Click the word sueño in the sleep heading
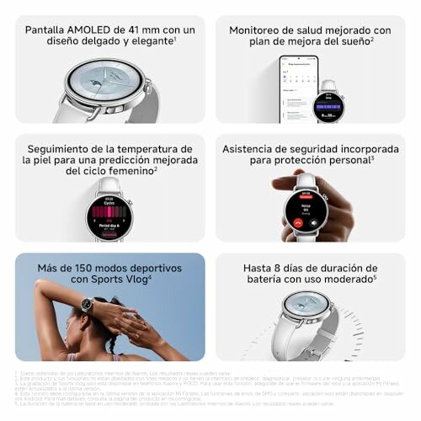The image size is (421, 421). pyautogui.click(x=348, y=43)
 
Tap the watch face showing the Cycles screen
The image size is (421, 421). pyautogui.click(x=109, y=217)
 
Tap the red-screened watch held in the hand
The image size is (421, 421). pyautogui.click(x=305, y=210)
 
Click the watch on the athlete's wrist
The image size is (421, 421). pyautogui.click(x=87, y=305)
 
